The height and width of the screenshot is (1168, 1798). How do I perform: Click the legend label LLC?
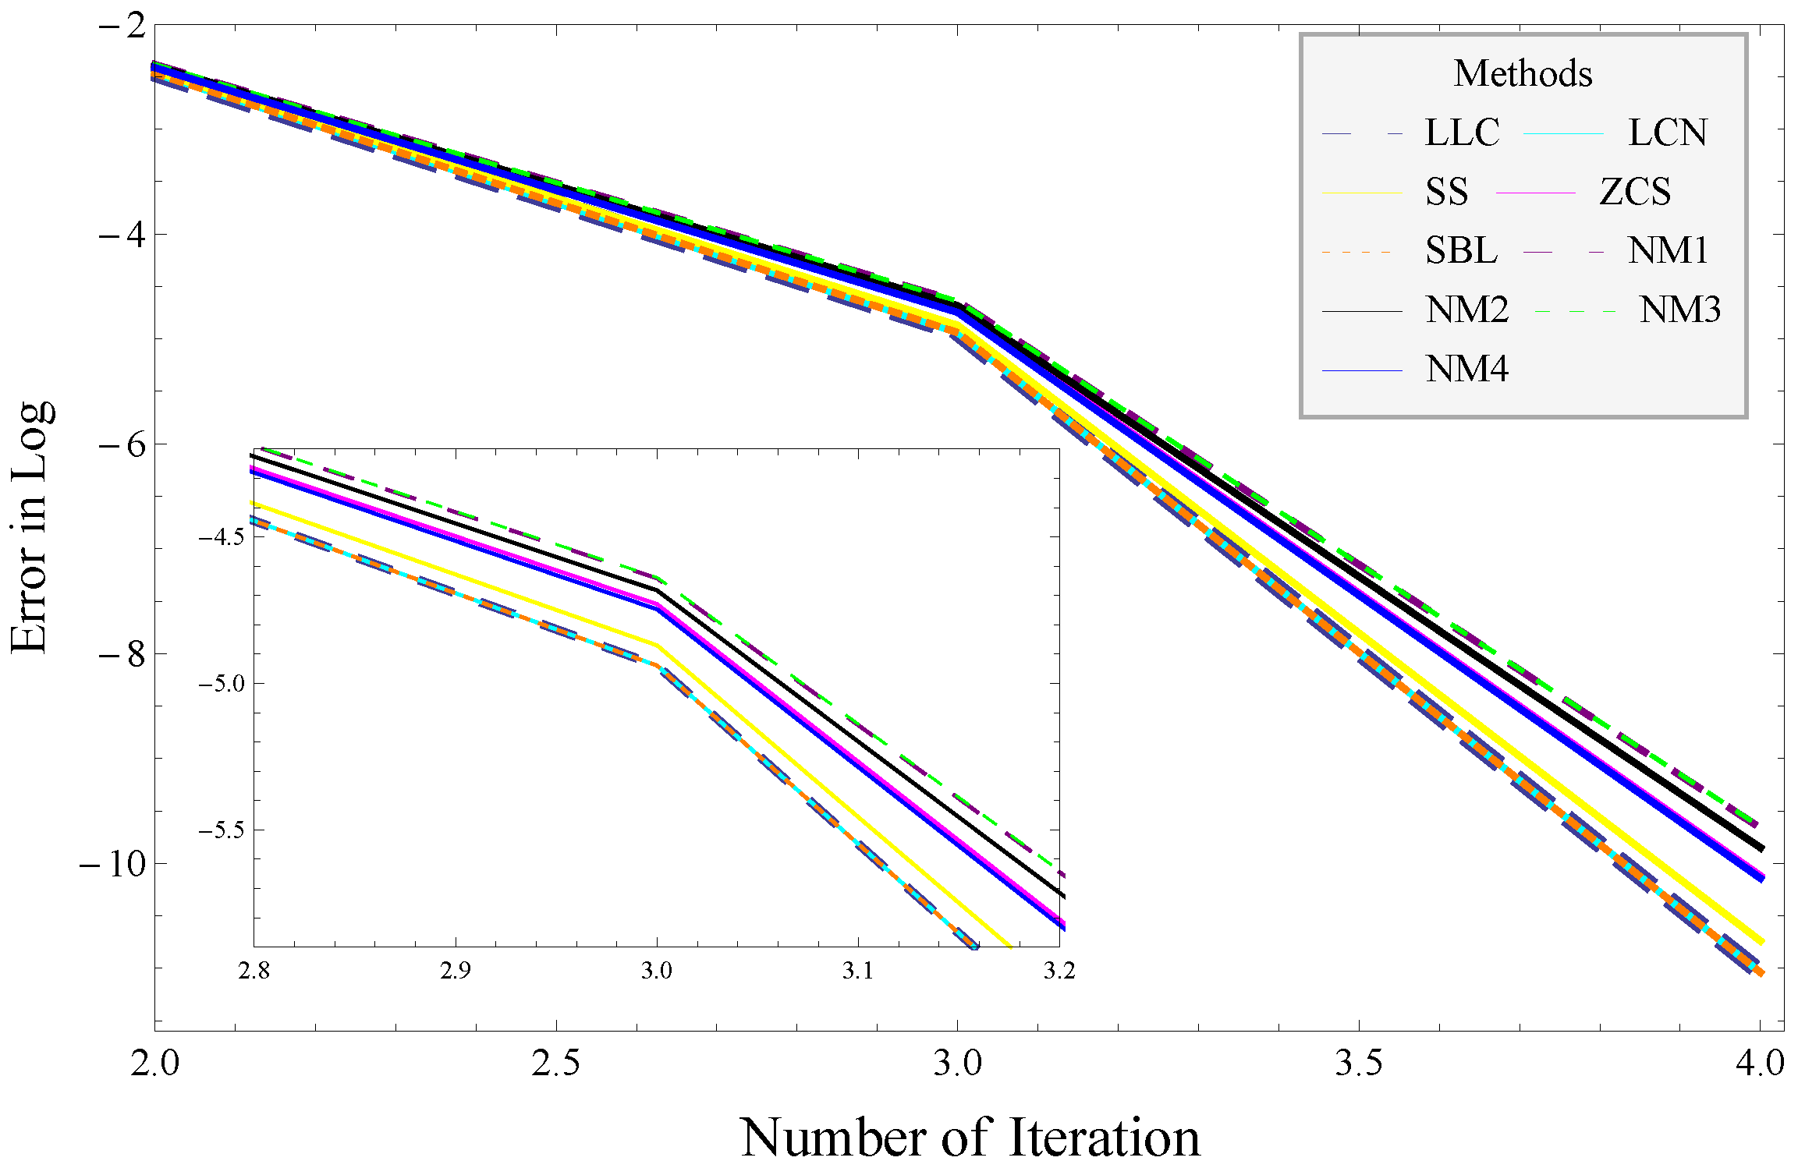pyautogui.click(x=1462, y=133)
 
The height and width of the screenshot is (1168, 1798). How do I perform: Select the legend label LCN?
pyautogui.click(x=1667, y=133)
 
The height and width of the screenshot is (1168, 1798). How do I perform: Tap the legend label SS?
pyautogui.click(x=1446, y=192)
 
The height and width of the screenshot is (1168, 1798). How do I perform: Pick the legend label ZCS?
pyautogui.click(x=1635, y=192)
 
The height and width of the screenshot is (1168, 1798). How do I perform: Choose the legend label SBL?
pyautogui.click(x=1461, y=251)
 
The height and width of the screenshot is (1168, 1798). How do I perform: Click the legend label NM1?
pyautogui.click(x=1668, y=251)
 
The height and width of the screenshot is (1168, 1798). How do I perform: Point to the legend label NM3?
pyautogui.click(x=1679, y=310)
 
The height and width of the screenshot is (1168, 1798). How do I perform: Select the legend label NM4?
pyautogui.click(x=1466, y=370)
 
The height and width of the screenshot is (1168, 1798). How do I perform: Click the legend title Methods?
pyautogui.click(x=1523, y=73)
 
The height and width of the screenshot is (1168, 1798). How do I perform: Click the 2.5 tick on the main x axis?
pyautogui.click(x=555, y=1063)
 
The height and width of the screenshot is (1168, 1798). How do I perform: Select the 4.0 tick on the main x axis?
pyautogui.click(x=1760, y=1063)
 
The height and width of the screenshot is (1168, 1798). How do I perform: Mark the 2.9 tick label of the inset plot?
pyautogui.click(x=455, y=972)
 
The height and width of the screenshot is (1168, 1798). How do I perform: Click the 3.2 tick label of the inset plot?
pyautogui.click(x=1059, y=972)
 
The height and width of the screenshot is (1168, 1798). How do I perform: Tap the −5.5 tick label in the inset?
pyautogui.click(x=221, y=830)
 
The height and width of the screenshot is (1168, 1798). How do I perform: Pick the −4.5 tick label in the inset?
pyautogui.click(x=221, y=537)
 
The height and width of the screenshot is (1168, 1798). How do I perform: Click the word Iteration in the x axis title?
pyautogui.click(x=1104, y=1138)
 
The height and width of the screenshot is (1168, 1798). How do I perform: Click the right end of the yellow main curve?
pyautogui.click(x=1761, y=943)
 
